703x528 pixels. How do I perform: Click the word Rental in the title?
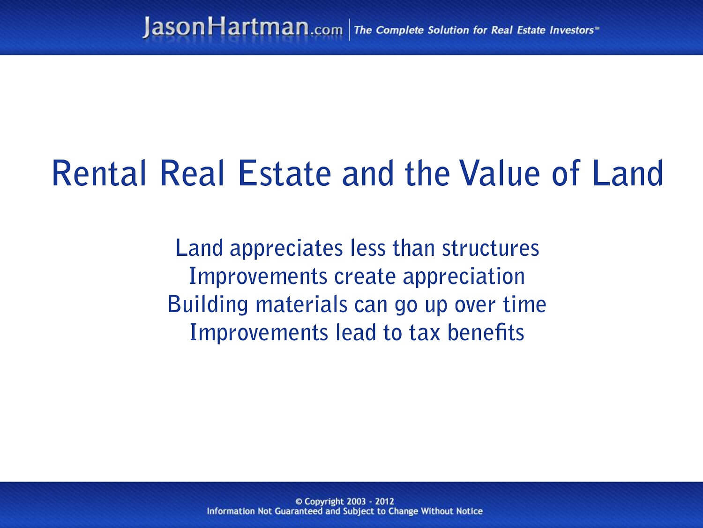99,173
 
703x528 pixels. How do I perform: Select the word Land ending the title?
628,173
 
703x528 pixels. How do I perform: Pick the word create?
365,276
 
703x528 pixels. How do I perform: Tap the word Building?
208,305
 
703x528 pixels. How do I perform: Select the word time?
524,305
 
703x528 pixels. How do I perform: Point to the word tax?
425,333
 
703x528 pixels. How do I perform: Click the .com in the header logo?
326,30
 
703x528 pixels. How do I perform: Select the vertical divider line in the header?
349,30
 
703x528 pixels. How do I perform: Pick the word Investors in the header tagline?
571,31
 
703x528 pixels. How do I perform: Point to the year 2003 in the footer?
356,501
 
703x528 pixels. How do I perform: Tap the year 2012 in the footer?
384,501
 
